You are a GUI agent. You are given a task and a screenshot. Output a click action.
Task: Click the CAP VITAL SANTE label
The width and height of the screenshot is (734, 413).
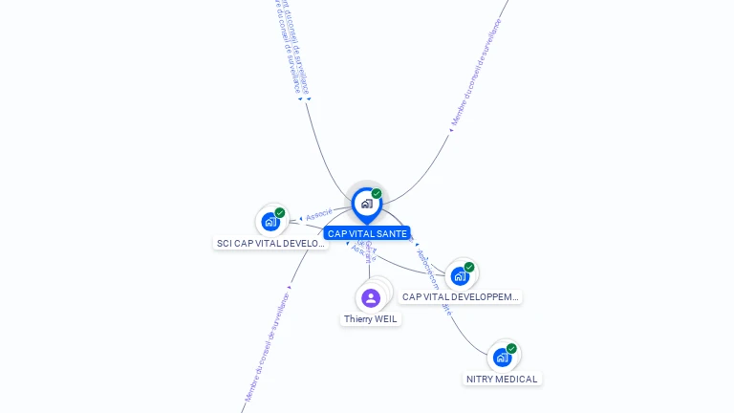tap(367, 233)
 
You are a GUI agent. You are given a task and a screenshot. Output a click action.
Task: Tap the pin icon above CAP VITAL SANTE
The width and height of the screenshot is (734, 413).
tap(366, 204)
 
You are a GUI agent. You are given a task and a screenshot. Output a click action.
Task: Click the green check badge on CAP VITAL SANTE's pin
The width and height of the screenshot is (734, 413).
tap(377, 194)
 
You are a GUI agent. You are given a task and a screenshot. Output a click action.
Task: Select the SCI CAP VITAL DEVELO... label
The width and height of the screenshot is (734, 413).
tap(271, 243)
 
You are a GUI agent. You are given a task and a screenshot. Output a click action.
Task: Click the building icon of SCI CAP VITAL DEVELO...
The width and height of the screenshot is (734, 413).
tap(270, 222)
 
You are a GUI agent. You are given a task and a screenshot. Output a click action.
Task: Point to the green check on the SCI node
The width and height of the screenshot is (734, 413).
tap(280, 213)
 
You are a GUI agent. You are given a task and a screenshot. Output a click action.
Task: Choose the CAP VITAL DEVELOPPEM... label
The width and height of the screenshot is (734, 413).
tap(461, 297)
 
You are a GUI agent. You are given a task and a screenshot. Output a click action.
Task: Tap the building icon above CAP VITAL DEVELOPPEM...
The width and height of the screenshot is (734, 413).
tap(460, 276)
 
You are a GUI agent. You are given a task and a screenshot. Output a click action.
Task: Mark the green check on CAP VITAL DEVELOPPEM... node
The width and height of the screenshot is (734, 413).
tap(469, 268)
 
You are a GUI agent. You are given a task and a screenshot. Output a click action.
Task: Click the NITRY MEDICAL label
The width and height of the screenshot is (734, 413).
tap(503, 379)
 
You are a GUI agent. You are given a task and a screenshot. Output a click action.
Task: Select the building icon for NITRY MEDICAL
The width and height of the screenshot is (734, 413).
tap(502, 358)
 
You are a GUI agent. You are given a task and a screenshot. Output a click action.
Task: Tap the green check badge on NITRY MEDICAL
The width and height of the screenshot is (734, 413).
tap(511, 349)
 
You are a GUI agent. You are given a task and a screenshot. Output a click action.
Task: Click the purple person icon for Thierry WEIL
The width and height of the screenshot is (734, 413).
tap(371, 298)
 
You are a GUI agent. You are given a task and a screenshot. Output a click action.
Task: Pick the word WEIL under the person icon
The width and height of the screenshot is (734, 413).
tap(385, 319)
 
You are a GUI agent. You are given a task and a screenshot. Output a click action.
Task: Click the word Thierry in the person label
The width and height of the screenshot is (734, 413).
tap(358, 319)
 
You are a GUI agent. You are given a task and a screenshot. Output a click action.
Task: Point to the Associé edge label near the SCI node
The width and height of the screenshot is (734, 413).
tap(319, 214)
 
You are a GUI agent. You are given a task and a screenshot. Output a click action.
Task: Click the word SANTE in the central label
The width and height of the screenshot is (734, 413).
tap(391, 233)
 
